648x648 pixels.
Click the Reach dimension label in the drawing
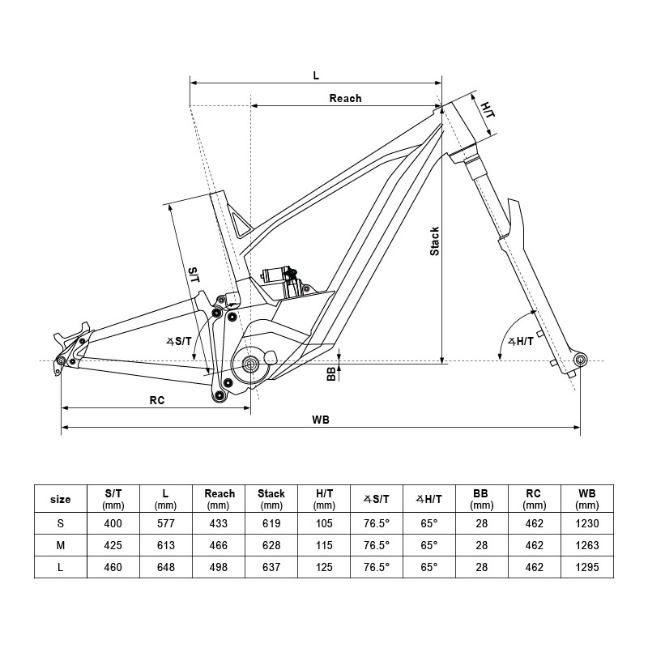pos(345,98)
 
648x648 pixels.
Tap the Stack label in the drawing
pos(435,241)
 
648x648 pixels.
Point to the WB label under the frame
pos(321,420)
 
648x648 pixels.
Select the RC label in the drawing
pos(157,400)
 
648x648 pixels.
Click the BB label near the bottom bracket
pos(330,373)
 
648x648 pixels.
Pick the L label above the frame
pos(316,75)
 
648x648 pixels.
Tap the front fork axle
pos(578,358)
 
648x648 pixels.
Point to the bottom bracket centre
pos(250,364)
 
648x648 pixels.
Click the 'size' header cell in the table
pos(61,499)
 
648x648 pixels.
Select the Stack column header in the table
pos(271,498)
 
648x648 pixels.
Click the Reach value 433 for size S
pos(220,523)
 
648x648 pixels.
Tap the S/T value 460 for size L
pos(113,567)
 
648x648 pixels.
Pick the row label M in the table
pos(61,545)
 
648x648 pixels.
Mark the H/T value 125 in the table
pos(324,567)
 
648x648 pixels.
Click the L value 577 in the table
pos(165,523)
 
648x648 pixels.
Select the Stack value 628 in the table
pos(271,545)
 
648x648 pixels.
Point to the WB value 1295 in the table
pos(586,567)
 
